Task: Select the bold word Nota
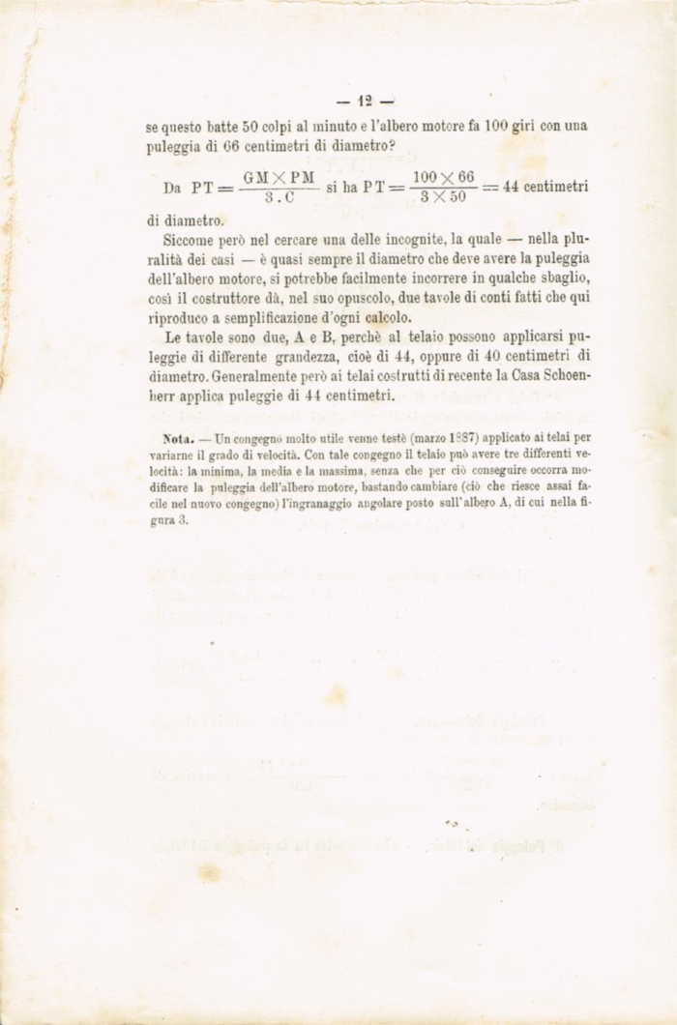177,439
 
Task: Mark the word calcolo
386,320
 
